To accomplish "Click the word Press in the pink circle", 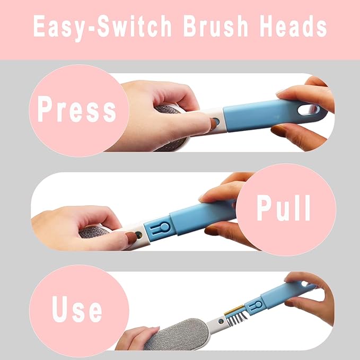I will [x=76, y=110].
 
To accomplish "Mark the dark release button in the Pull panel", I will [x=138, y=234].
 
